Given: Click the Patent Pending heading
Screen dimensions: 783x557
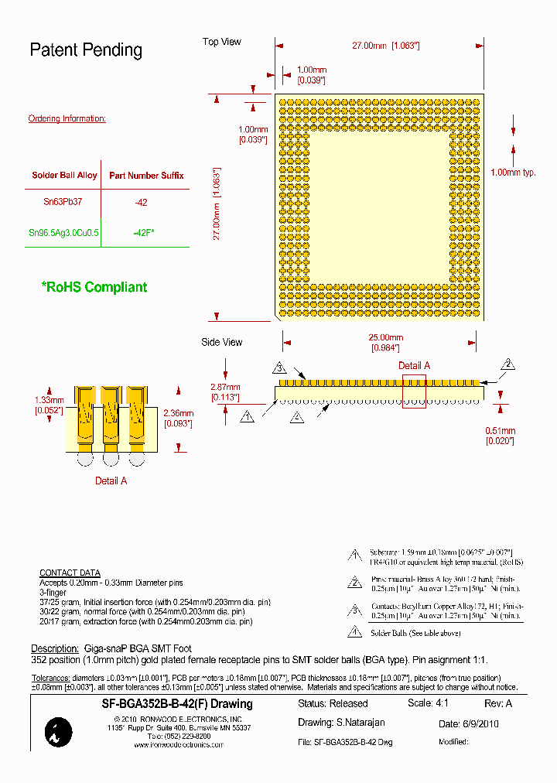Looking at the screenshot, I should (86, 50).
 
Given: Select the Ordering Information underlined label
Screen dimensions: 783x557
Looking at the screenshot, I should (67, 118).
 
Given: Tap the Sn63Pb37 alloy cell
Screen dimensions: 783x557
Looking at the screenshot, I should (63, 202).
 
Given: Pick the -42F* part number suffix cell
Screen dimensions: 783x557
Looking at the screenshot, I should (144, 232).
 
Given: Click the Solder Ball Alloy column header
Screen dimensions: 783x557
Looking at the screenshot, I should (64, 176).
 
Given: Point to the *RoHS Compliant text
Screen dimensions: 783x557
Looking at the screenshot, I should (94, 287).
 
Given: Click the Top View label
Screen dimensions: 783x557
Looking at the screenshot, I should (222, 42).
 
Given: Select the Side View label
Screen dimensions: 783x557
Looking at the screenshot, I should (222, 342).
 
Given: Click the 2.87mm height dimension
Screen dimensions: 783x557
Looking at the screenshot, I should (226, 387).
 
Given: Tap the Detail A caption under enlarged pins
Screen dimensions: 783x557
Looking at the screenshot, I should (111, 480).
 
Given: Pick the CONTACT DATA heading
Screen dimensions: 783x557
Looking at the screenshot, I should (70, 573).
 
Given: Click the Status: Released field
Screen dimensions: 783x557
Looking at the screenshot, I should (333, 703).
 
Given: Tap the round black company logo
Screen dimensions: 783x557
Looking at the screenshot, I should (58, 731).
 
